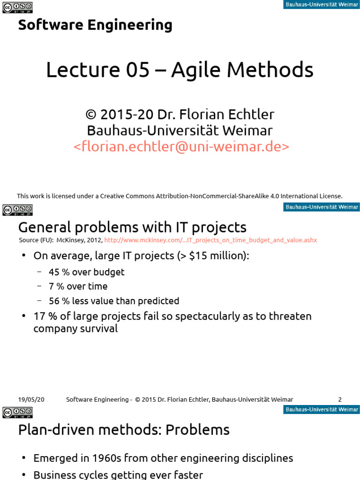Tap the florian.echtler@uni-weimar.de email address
point(181,147)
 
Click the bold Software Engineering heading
point(95,25)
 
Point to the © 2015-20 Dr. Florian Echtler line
point(180,114)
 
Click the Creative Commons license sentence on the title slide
point(180,196)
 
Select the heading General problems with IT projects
point(132,227)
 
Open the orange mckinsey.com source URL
point(210,240)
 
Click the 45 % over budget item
point(87,272)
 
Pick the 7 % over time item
point(78,286)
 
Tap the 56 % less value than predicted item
point(114,301)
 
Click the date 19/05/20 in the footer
point(31,399)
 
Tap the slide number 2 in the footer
point(340,399)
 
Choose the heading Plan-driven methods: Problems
point(124,429)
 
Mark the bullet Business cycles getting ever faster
point(118,474)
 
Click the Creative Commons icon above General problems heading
point(17,210)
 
